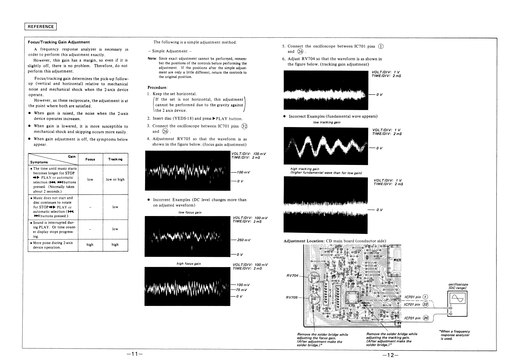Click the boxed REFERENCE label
click(41, 27)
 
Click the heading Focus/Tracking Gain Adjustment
click(59, 42)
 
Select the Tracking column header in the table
click(115, 159)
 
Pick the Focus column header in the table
click(90, 159)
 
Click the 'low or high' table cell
click(115, 179)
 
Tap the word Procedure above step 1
click(158, 87)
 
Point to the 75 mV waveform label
click(241, 290)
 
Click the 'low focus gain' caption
click(190, 212)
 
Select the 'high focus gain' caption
click(189, 263)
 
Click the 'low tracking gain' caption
click(327, 122)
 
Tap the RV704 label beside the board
click(292, 275)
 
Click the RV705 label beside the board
click(292, 297)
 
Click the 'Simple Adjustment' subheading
click(170, 51)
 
